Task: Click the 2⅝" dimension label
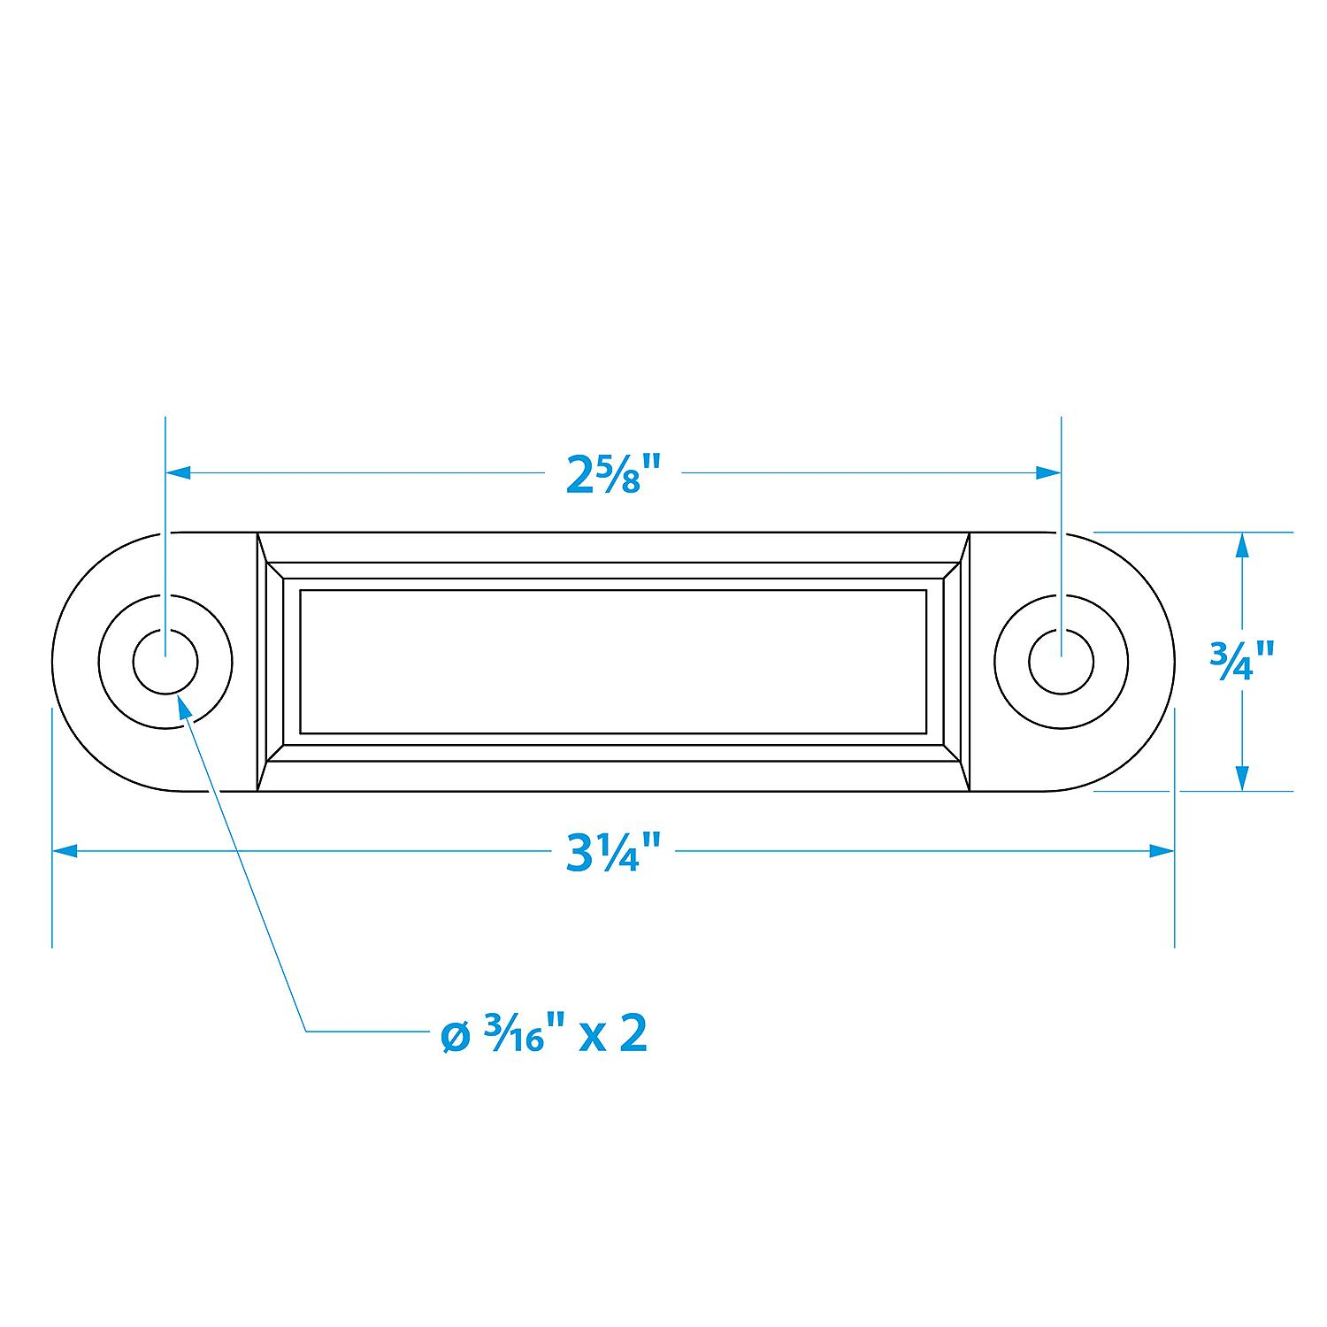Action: tap(614, 475)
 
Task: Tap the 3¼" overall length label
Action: tap(614, 852)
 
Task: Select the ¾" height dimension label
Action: tap(1242, 661)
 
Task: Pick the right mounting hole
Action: tap(1062, 662)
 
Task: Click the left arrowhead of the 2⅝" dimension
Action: tap(178, 474)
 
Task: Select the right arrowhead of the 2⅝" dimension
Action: tap(1049, 474)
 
